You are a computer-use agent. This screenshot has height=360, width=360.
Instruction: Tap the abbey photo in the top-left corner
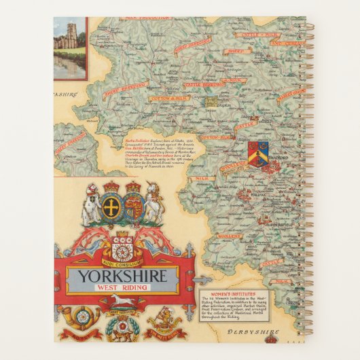pyautogui.click(x=70, y=47)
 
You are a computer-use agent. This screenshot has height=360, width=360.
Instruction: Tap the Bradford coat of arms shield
pyautogui.click(x=258, y=154)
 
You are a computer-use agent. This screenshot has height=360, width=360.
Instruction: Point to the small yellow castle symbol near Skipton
pyautogui.click(x=211, y=101)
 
